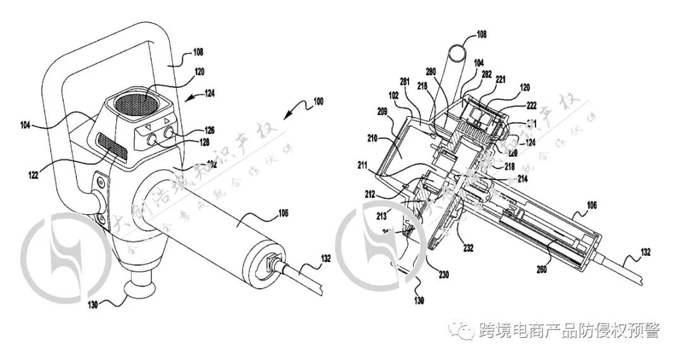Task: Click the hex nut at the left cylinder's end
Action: pyautogui.click(x=271, y=260)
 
